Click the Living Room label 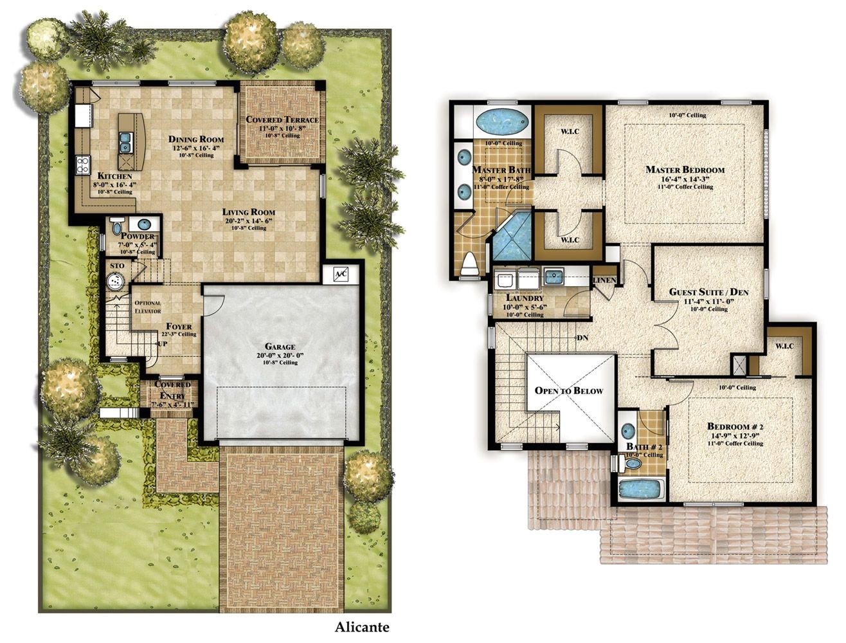pyautogui.click(x=249, y=212)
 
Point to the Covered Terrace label pyautogui.click(x=282, y=120)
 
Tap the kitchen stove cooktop pyautogui.click(x=83, y=165)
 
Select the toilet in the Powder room pyautogui.click(x=117, y=227)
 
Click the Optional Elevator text pyautogui.click(x=148, y=307)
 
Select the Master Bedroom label pyautogui.click(x=685, y=170)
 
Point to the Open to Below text pyautogui.click(x=569, y=390)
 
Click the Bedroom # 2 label pyautogui.click(x=735, y=426)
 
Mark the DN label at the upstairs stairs pyautogui.click(x=582, y=337)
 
